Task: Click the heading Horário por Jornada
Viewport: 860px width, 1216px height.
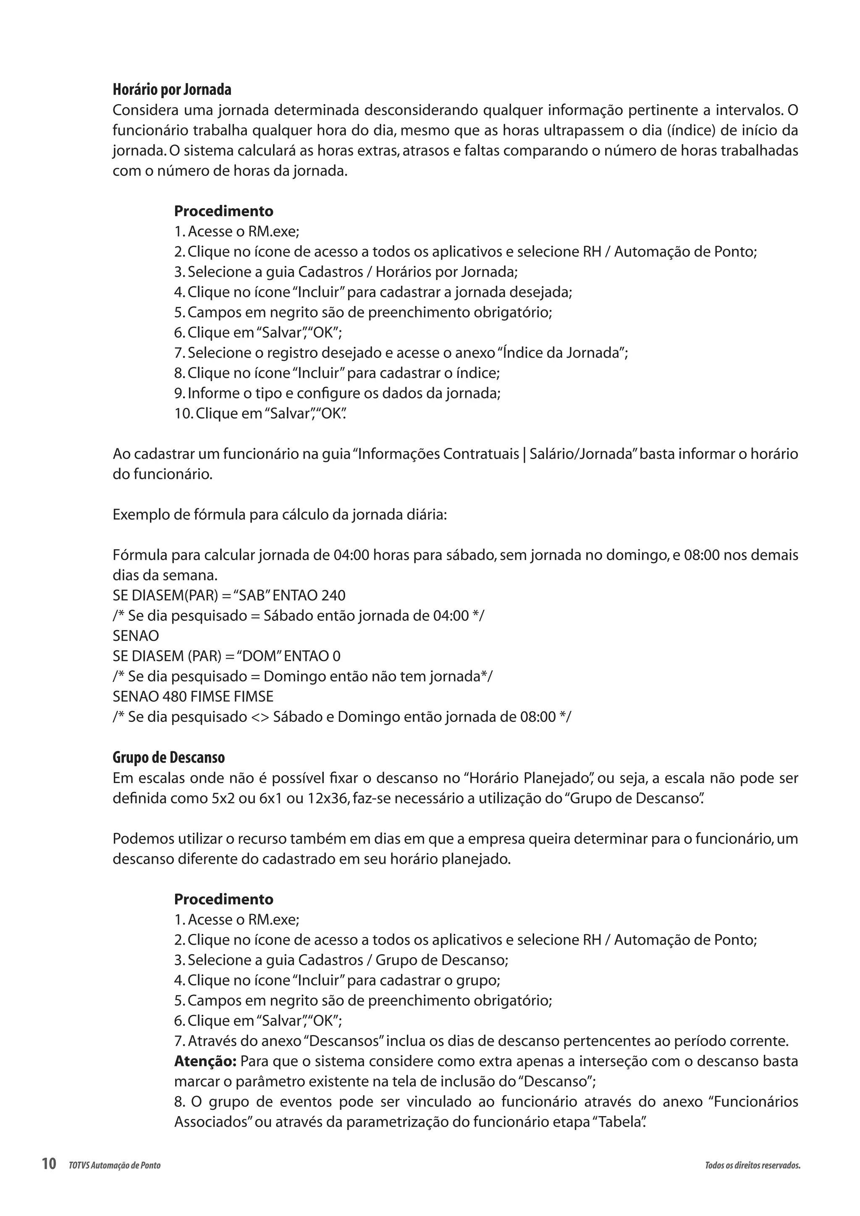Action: click(x=172, y=89)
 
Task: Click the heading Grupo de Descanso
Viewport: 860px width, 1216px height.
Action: click(x=168, y=758)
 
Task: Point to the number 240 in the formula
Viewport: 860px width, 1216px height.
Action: click(x=333, y=596)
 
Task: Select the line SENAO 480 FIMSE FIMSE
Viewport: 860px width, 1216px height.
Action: click(x=193, y=697)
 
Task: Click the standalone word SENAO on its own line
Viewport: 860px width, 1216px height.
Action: click(x=136, y=636)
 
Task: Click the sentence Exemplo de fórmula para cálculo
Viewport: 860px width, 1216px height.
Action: click(x=280, y=515)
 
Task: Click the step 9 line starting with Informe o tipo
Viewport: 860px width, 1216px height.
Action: click(x=337, y=393)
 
